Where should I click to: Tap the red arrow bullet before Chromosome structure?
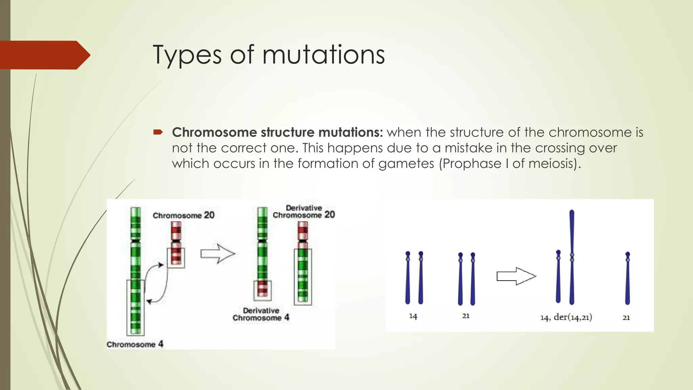pos(158,132)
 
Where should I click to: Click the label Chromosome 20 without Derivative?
pos(183,215)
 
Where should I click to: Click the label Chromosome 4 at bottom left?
pos(135,344)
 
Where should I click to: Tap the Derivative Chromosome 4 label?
pos(261,314)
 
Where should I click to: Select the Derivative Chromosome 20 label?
pos(304,212)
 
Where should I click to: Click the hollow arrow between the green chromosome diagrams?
pos(218,254)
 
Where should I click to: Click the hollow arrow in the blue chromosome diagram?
pos(516,276)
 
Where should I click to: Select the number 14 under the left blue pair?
pos(413,316)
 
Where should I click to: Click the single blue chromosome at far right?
pos(627,278)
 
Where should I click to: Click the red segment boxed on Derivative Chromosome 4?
pos(263,289)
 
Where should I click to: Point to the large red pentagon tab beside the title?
pos(44,55)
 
